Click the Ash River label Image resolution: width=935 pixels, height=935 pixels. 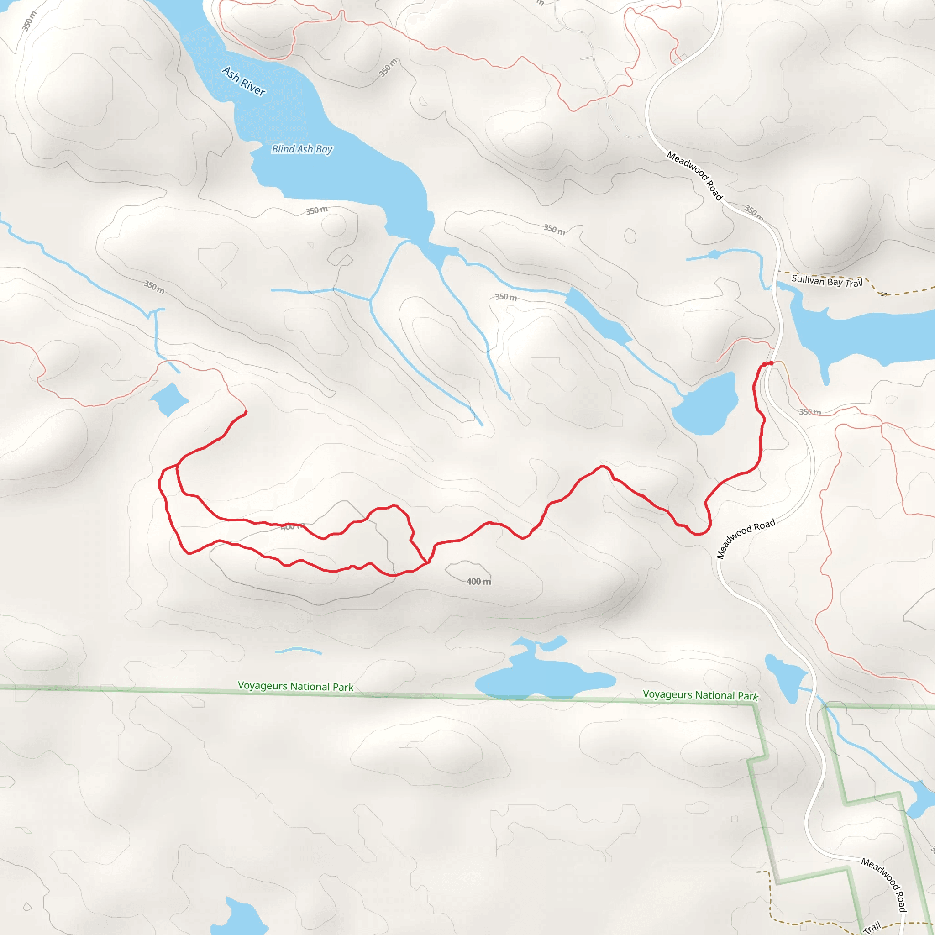244,81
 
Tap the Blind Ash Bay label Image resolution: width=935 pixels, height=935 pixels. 302,149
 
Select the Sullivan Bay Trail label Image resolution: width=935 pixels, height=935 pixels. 827,281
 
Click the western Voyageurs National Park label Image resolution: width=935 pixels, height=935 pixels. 295,686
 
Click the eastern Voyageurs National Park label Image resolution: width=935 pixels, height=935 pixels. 700,695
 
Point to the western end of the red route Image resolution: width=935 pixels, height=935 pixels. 246,412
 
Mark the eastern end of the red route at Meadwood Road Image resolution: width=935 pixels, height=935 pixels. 771,362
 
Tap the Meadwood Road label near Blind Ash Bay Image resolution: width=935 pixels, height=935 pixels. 694,176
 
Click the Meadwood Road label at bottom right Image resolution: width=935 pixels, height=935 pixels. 884,885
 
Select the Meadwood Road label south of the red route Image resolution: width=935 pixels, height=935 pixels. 746,538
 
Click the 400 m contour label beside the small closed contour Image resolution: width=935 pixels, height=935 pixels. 478,582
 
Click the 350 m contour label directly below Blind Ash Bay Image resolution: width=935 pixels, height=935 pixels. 316,210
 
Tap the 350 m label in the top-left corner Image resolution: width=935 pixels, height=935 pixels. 29,21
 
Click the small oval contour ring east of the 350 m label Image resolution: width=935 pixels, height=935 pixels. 630,236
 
